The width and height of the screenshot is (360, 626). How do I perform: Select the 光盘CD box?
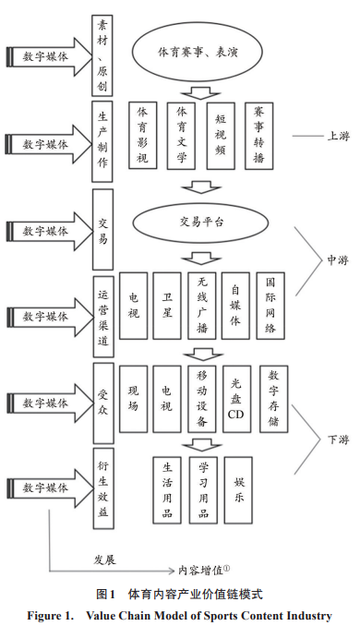[236, 397]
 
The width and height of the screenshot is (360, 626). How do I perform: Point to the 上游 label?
[336, 135]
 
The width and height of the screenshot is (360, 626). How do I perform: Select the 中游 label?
[337, 260]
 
